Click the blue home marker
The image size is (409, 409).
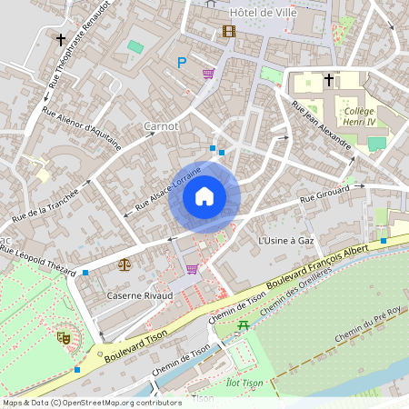[204, 196]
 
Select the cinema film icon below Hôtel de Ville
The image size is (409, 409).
[228, 32]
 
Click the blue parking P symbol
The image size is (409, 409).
[182, 62]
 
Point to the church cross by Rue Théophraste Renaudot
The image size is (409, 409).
[61, 40]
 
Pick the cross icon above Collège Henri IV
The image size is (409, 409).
[328, 80]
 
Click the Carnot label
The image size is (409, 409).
[161, 125]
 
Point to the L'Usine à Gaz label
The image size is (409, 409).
[285, 241]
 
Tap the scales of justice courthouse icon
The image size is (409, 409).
[125, 264]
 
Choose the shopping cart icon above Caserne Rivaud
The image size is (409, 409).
[192, 269]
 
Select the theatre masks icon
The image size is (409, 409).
[64, 336]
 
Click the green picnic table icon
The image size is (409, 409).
[243, 324]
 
